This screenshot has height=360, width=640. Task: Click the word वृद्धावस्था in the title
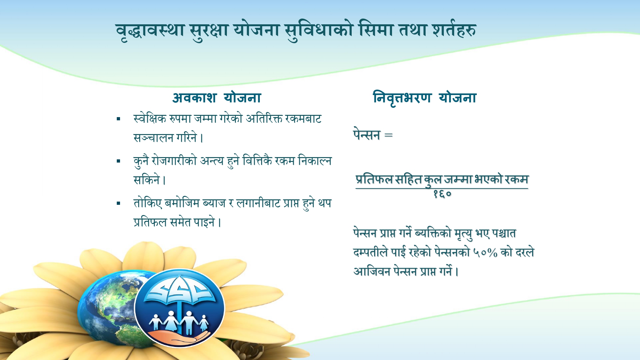tap(150, 30)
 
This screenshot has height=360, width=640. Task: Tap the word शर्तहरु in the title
tap(454, 30)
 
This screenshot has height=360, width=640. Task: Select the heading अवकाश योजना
tap(217, 98)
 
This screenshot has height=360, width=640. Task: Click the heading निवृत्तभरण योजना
tap(425, 98)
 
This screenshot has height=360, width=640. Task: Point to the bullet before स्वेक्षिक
tap(118, 119)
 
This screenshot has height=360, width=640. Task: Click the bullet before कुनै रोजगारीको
tap(118, 161)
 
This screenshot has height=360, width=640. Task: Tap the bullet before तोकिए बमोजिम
tap(118, 203)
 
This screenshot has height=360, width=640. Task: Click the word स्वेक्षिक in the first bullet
tap(150, 119)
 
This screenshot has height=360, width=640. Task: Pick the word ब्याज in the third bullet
tap(214, 203)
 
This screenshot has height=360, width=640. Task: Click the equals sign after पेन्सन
tap(388, 135)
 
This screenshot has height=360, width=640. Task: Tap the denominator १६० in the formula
tap(442, 194)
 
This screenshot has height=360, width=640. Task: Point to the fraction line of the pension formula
tap(442, 188)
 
